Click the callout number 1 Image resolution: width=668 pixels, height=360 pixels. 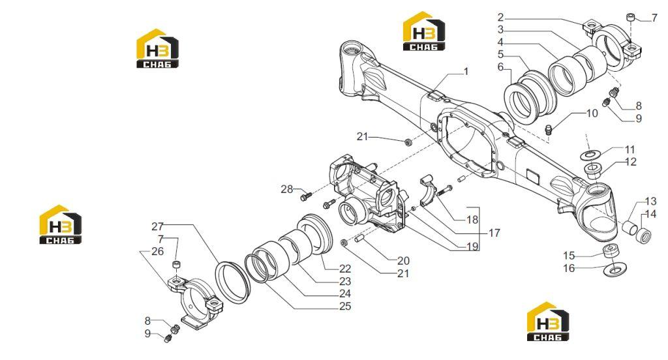466,72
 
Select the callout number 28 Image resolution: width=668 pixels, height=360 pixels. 287,188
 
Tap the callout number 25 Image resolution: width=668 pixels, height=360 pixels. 345,306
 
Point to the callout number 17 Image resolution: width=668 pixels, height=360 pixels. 494,233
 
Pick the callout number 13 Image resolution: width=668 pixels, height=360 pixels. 650,201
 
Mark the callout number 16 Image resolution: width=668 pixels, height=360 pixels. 569,268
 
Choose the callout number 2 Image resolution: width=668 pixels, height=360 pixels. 500,18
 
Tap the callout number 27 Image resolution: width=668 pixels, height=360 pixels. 158,226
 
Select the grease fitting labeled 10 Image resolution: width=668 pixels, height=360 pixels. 549,128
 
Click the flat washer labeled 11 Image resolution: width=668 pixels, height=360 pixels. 590,153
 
